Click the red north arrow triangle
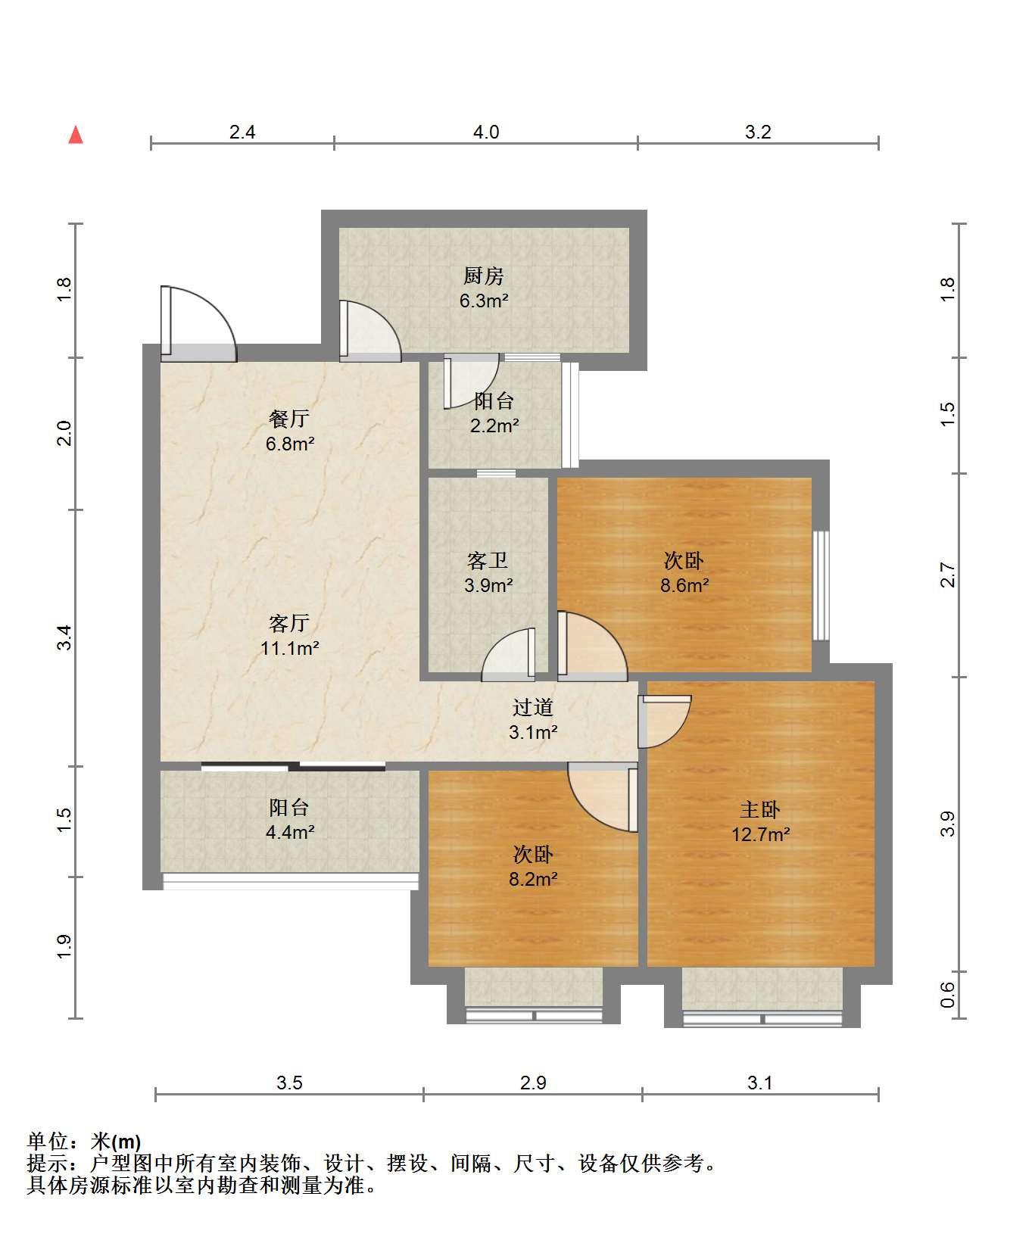76,135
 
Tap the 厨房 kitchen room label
484,276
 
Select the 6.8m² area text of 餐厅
290,444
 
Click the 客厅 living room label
289,623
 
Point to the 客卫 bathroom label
488,561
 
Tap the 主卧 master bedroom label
760,810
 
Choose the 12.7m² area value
761,835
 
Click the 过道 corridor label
533,708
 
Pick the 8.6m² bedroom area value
684,585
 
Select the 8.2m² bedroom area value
534,880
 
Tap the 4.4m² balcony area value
290,832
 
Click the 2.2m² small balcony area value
494,425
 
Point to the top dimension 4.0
486,132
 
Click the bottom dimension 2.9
533,1083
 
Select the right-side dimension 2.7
948,575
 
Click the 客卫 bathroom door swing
509,651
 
